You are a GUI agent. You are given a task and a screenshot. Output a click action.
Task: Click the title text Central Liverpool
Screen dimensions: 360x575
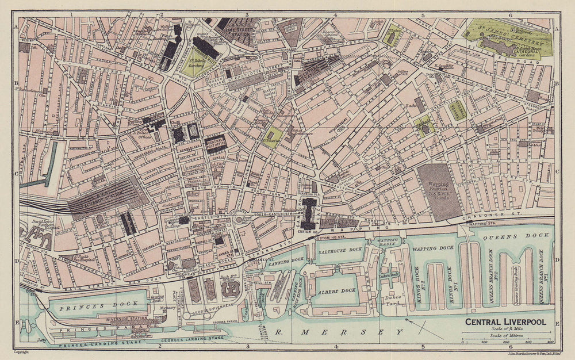coord(506,322)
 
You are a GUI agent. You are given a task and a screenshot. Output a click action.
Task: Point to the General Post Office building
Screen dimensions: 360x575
coord(216,143)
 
